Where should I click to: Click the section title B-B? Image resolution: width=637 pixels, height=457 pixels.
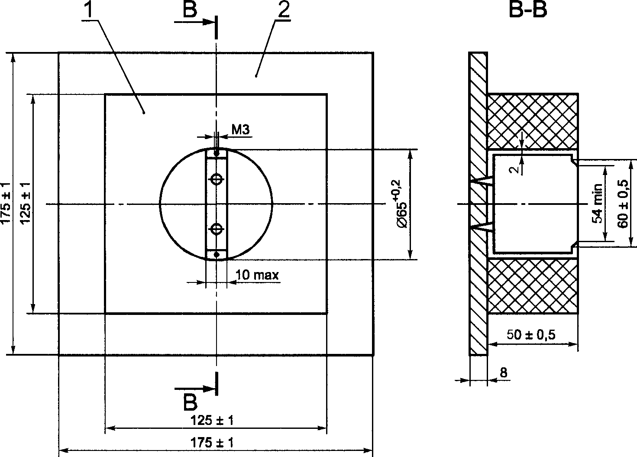pyautogui.click(x=527, y=10)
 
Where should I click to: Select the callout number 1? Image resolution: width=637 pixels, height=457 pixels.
pyautogui.click(x=89, y=10)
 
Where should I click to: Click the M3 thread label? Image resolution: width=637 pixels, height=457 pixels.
pyautogui.click(x=240, y=130)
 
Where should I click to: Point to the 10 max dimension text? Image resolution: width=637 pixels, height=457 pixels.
pyautogui.click(x=257, y=275)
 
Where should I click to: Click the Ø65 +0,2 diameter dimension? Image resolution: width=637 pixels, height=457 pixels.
pyautogui.click(x=401, y=204)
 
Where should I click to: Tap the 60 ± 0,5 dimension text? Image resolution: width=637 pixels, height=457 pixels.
pyautogui.click(x=623, y=204)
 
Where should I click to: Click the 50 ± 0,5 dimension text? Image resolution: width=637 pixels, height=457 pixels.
pyautogui.click(x=531, y=335)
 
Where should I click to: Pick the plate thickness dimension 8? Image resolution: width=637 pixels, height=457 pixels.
pyautogui.click(x=503, y=373)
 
